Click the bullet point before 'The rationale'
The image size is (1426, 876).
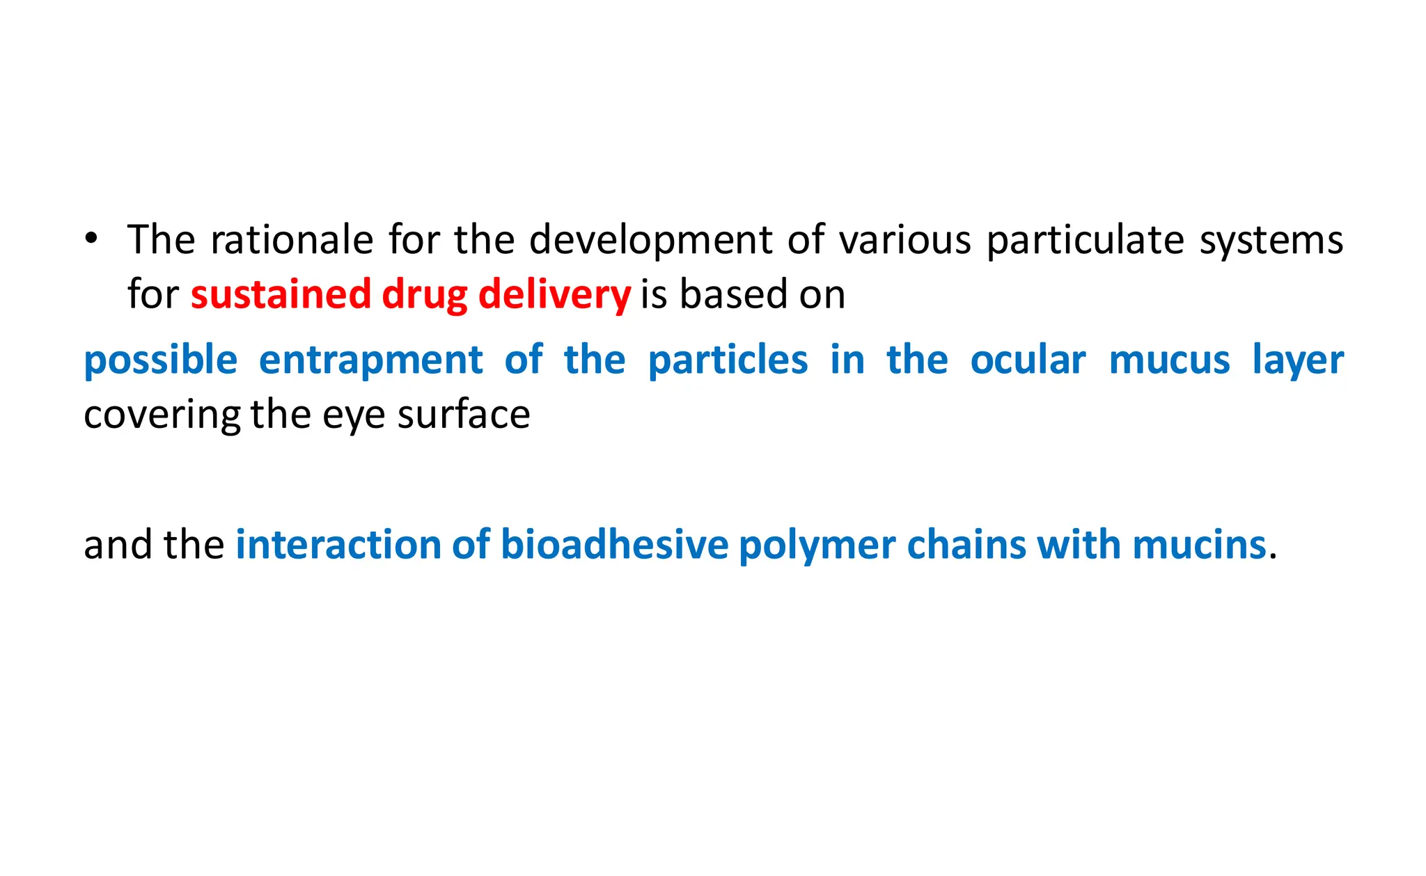point(91,238)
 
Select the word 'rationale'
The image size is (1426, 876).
point(292,240)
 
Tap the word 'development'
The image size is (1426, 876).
point(650,241)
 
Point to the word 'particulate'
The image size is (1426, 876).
point(1085,241)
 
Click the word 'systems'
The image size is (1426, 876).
point(1271,241)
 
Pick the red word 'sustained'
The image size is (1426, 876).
point(281,294)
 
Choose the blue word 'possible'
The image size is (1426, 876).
point(160,361)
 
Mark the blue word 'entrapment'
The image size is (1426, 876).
point(370,361)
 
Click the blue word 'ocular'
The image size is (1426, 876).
point(1028,360)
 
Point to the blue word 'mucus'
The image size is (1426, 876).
point(1169,360)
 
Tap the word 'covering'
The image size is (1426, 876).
point(162,415)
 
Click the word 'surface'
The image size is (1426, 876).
point(463,415)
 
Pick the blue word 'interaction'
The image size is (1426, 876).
point(338,544)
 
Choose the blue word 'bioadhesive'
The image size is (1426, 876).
point(614,544)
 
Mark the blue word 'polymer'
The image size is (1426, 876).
point(817,545)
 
